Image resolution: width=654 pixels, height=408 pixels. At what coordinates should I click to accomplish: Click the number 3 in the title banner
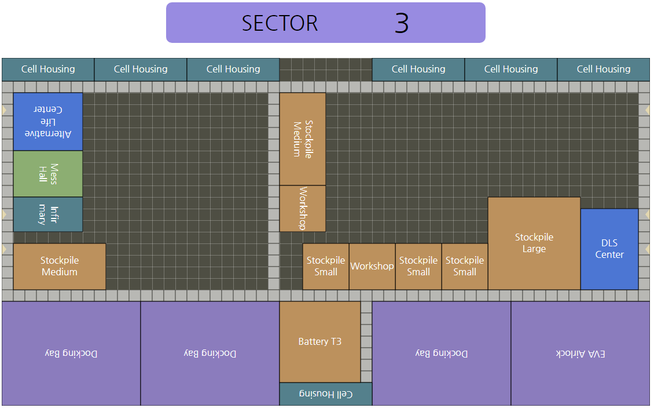coord(402,23)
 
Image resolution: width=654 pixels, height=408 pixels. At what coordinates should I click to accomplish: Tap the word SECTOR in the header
coord(280,23)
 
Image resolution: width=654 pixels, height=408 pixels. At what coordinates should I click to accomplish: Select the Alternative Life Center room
coord(48,122)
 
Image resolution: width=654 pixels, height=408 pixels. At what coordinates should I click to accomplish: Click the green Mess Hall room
coord(48,174)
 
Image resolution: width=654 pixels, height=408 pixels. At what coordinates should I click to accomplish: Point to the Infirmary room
coord(48,214)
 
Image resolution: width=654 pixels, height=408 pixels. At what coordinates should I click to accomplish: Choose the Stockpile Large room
coord(534,243)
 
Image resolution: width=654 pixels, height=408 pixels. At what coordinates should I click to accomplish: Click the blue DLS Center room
coord(609,249)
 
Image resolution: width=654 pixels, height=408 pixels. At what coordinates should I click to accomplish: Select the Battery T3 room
coord(320,342)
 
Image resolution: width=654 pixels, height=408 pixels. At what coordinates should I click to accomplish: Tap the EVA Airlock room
coord(580,354)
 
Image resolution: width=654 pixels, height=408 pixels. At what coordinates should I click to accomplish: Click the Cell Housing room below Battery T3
coord(326,394)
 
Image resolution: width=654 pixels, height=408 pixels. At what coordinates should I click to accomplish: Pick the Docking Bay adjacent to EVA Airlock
coord(442,354)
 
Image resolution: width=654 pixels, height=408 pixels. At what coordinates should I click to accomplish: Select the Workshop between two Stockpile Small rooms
coord(372,267)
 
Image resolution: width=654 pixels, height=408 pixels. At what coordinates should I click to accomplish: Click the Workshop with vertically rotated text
coord(303,209)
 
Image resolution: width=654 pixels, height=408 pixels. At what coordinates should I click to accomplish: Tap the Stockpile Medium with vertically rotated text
coord(303,139)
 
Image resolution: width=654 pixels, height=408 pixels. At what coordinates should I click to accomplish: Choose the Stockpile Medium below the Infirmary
coord(60,267)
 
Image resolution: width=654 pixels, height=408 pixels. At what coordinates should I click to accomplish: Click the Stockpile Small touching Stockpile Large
coord(465,267)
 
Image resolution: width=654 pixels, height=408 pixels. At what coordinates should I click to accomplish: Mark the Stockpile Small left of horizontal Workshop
coord(326,267)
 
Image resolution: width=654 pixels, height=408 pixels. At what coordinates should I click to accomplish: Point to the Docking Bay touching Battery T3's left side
coord(210,354)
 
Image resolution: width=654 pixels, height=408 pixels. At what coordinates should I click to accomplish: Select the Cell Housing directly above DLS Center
coord(604,70)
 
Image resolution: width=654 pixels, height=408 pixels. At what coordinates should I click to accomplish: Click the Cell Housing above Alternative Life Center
coord(48,70)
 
